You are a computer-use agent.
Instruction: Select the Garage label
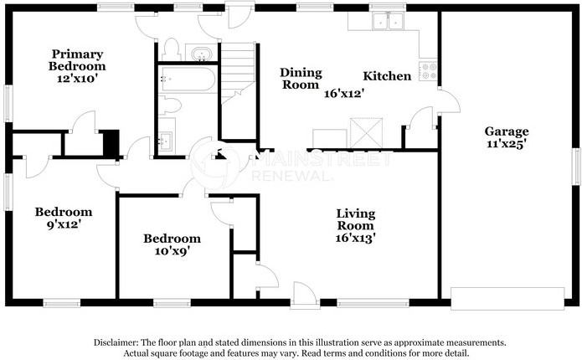tap(506, 131)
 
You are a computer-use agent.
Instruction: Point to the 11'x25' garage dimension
tap(506, 144)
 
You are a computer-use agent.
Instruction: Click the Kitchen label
tap(388, 76)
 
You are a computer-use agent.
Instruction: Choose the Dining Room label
tap(300, 78)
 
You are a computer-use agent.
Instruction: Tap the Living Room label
tap(355, 219)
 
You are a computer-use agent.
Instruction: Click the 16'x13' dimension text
tap(355, 238)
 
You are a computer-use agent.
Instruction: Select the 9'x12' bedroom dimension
tap(63, 224)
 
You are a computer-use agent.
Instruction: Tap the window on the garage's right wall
tap(576, 163)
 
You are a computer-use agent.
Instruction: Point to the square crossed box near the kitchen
tap(365, 132)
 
